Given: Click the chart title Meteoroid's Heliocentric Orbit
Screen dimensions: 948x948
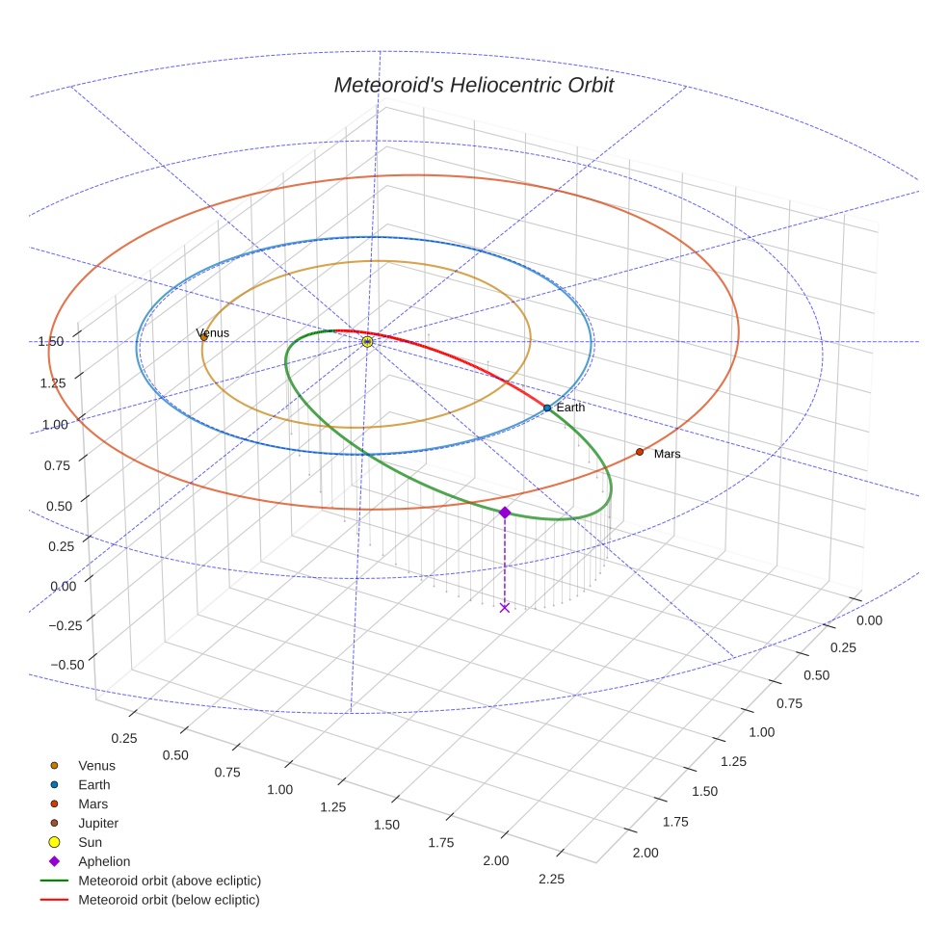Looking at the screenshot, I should click(x=473, y=85).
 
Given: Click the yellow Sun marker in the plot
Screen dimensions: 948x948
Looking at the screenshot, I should click(x=367, y=341).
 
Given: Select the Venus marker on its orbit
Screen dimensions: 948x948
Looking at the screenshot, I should click(x=203, y=337).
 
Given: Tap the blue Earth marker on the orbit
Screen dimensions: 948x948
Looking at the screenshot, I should click(x=547, y=408).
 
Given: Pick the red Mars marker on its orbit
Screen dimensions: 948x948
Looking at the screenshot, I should click(x=639, y=452).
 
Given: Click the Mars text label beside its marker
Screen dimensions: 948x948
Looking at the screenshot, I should click(x=667, y=454).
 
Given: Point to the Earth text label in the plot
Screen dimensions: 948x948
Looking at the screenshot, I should click(x=570, y=408).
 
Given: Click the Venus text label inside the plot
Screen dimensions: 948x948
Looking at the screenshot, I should click(x=213, y=333).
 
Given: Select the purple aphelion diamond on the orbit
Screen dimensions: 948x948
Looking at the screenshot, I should click(x=505, y=513).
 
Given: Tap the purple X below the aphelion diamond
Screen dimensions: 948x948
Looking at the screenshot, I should click(x=505, y=607).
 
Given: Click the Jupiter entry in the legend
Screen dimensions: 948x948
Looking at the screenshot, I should click(x=98, y=823).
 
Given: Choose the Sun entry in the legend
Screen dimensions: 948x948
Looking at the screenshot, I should click(x=92, y=842).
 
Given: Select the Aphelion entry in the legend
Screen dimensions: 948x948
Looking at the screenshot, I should click(x=104, y=861).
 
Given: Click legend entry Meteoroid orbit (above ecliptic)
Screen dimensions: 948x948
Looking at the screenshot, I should click(x=170, y=881).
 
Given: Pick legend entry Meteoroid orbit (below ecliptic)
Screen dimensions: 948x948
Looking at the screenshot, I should click(x=169, y=900).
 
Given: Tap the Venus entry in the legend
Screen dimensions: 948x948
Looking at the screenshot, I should click(x=96, y=765).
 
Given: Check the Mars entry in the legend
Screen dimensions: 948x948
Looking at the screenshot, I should click(x=93, y=803).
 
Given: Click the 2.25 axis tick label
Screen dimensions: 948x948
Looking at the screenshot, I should click(x=551, y=879).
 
